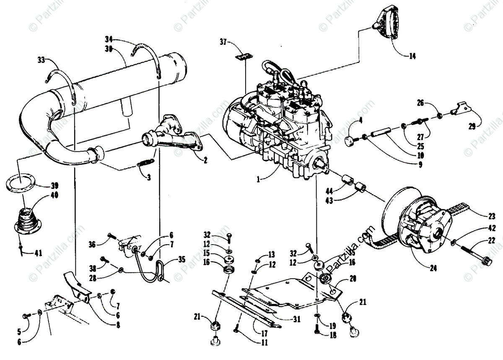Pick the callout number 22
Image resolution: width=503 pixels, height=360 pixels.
tap(491, 240)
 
